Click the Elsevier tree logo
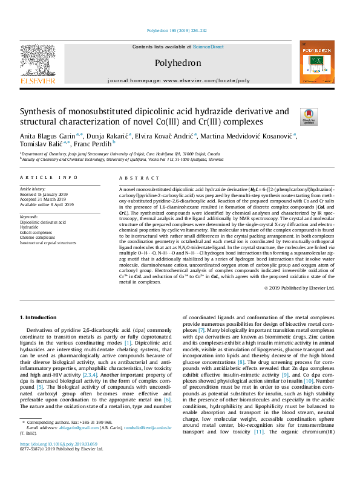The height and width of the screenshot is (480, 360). [38, 62]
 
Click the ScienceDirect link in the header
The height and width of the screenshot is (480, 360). [208, 47]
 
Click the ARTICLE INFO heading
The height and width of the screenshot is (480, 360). [49, 178]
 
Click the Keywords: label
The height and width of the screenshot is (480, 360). [30, 216]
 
